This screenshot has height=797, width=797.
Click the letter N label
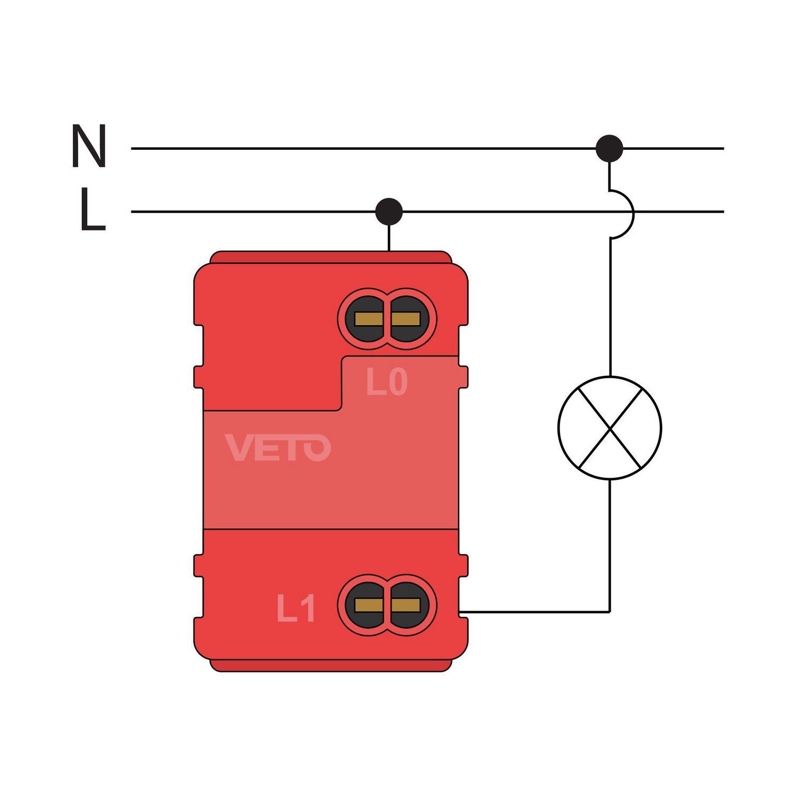pyautogui.click(x=89, y=146)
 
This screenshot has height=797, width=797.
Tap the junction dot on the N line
pyautogui.click(x=609, y=148)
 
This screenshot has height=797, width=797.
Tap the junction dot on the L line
pyautogui.click(x=389, y=211)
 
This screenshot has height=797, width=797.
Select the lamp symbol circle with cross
pyautogui.click(x=609, y=428)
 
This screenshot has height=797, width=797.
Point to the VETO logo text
pyautogui.click(x=278, y=447)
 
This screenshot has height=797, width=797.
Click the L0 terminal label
pyautogui.click(x=387, y=383)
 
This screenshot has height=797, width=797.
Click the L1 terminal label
pyautogui.click(x=296, y=608)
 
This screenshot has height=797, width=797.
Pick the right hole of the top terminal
pyautogui.click(x=406, y=319)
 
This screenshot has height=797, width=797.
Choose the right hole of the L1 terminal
pyautogui.click(x=406, y=605)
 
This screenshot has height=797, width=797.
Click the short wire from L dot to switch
pyautogui.click(x=389, y=238)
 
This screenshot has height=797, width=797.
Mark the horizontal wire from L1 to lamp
pyautogui.click(x=534, y=612)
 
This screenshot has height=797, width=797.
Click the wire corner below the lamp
pyautogui.click(x=609, y=612)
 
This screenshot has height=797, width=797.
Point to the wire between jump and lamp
pyautogui.click(x=610, y=308)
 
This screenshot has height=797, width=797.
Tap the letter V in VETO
pyautogui.click(x=237, y=447)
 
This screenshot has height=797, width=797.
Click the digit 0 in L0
pyautogui.click(x=397, y=383)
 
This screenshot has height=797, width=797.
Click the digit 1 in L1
pyautogui.click(x=309, y=608)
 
